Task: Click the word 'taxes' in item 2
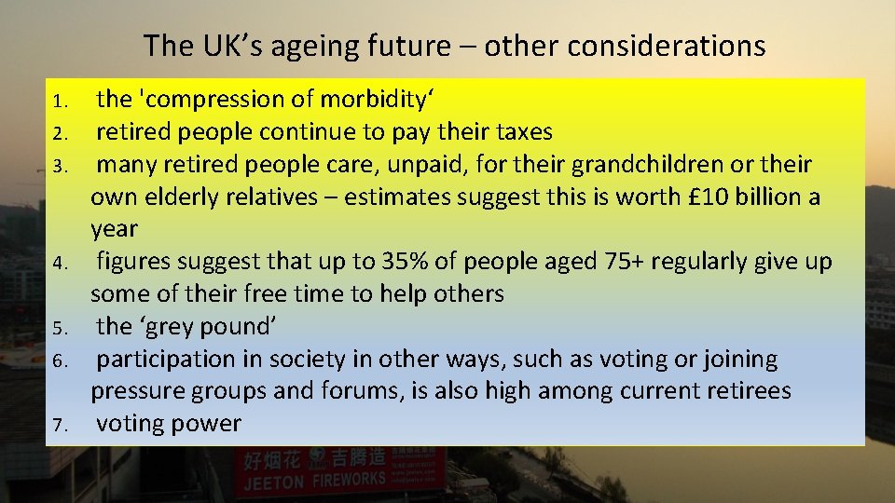click(522, 131)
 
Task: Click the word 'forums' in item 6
click(359, 391)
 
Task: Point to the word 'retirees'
click(740, 391)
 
